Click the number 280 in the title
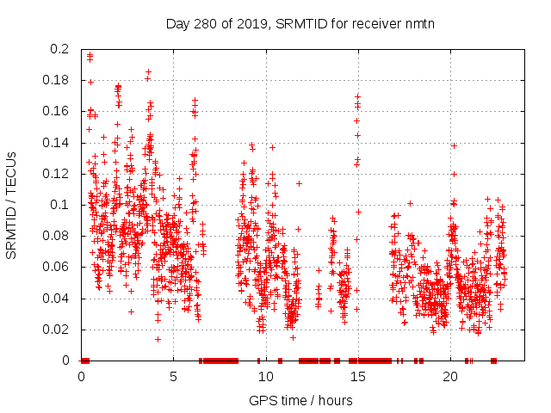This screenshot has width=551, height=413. click(205, 23)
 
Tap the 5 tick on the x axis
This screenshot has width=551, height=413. click(173, 377)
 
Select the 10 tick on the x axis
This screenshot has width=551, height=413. click(265, 377)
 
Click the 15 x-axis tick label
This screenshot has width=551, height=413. click(357, 377)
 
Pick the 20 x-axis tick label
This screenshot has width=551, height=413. click(449, 377)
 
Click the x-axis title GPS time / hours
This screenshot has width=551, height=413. click(300, 400)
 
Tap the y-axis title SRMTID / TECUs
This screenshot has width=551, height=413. click(12, 205)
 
